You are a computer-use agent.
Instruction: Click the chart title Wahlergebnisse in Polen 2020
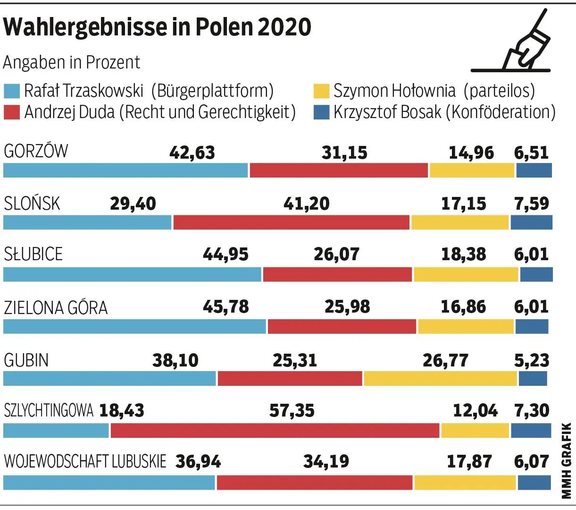click(157, 27)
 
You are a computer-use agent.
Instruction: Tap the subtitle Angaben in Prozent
click(72, 62)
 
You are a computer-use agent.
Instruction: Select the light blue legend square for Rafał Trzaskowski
click(11, 91)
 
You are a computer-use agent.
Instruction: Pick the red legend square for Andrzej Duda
click(11, 112)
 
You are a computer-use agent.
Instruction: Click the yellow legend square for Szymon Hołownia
click(321, 91)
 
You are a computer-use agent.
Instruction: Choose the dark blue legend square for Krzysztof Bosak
click(321, 112)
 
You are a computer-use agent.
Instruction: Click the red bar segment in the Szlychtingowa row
click(275, 431)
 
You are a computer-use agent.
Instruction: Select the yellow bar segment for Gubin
click(440, 379)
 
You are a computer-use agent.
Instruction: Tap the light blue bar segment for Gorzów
click(125, 170)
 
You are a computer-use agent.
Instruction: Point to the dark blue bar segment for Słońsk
click(531, 222)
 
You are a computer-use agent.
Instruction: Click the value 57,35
click(292, 411)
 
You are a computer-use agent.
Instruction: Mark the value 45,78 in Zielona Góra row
click(225, 306)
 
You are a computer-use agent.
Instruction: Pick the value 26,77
click(445, 360)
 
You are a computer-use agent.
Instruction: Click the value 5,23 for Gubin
click(532, 360)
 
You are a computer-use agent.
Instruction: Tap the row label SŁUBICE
click(33, 254)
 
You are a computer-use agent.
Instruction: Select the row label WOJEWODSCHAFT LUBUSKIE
click(85, 461)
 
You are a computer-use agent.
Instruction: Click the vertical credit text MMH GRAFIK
click(566, 460)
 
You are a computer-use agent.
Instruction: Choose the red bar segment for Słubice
click(337, 274)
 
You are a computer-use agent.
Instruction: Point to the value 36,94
click(198, 461)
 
